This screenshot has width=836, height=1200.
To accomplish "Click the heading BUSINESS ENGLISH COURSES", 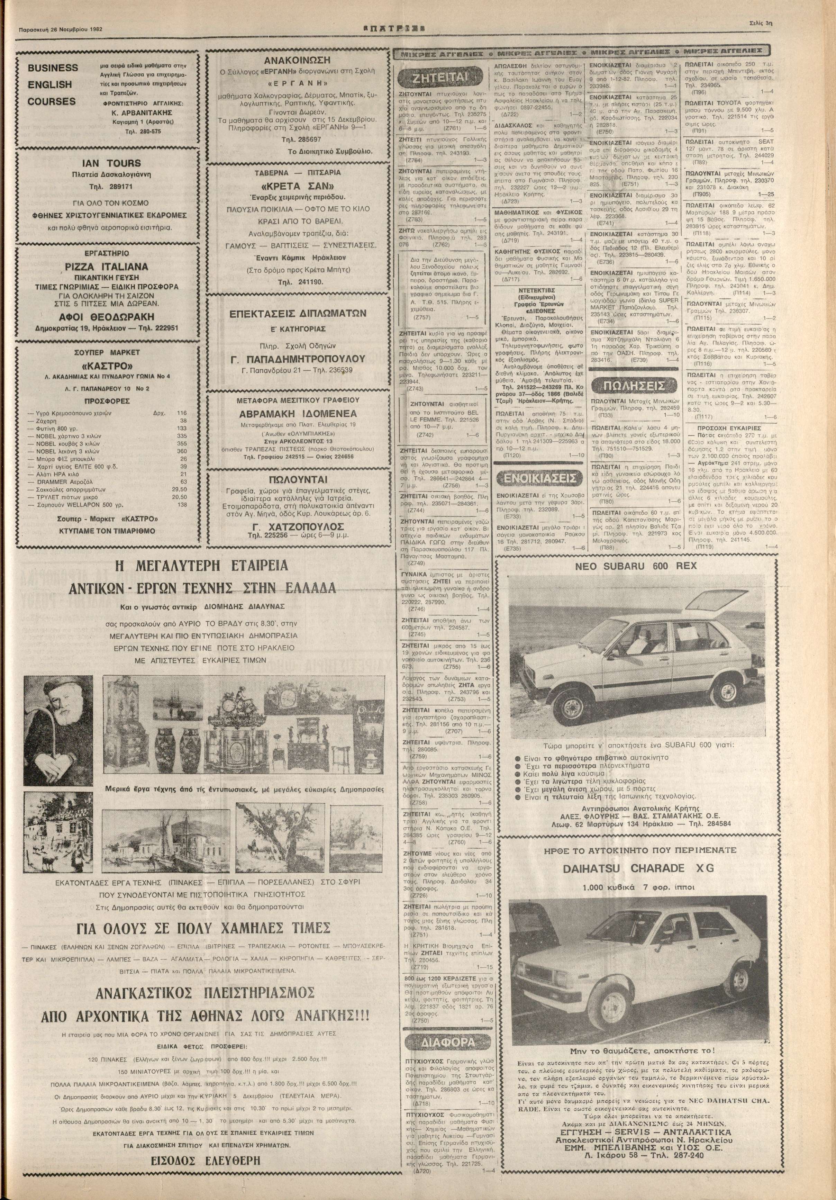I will [x=53, y=84].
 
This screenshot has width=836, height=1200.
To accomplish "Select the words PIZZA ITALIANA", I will [x=107, y=267].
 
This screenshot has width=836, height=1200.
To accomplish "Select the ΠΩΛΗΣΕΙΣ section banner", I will [x=633, y=386].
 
